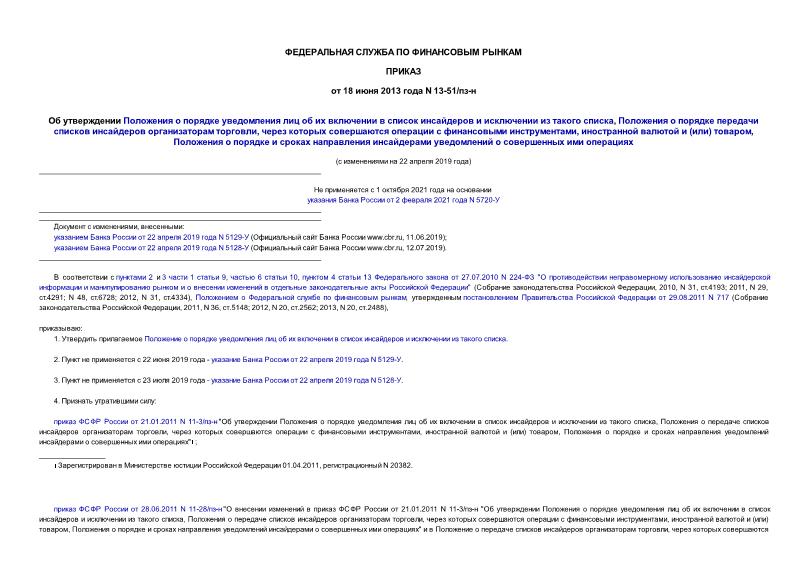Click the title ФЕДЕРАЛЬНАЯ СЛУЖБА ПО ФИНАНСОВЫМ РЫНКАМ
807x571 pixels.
[x=403, y=50]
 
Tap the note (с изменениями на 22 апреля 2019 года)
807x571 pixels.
[x=403, y=161]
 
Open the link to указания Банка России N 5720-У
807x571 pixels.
[x=403, y=199]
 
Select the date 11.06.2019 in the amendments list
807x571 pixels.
[x=403, y=236]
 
